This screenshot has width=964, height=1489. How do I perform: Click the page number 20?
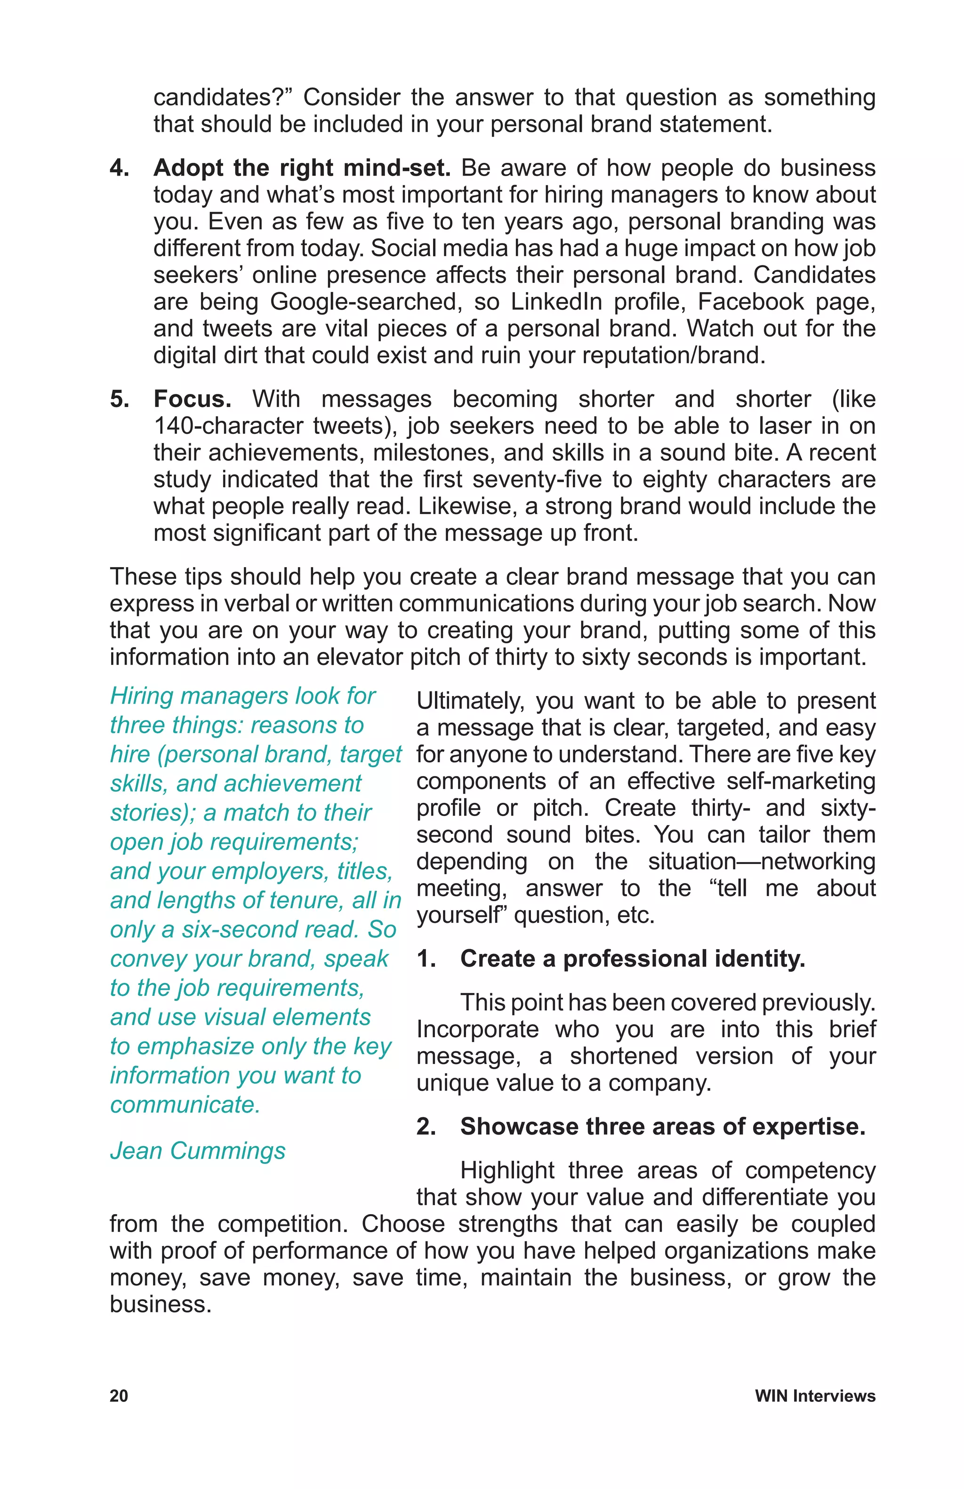(119, 1396)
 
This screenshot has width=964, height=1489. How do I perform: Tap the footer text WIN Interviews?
(814, 1396)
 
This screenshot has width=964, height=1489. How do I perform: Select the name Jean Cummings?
(198, 1151)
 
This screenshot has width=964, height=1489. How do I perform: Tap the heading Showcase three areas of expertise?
(662, 1126)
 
